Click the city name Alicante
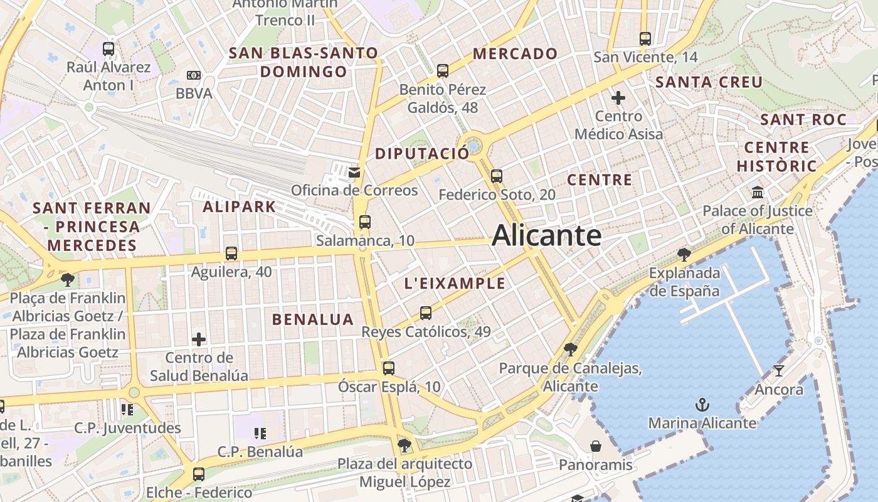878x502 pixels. pos(546,235)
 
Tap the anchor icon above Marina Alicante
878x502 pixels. pos(702,405)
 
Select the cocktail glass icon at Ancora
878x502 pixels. pos(778,371)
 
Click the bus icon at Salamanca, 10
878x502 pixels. pos(364,222)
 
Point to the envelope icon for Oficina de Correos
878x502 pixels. pos(354,172)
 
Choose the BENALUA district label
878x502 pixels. pos(312,319)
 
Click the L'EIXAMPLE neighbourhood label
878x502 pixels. pos(455,283)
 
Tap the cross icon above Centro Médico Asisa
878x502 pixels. pos(618,98)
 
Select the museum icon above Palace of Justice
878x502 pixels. pos(757,192)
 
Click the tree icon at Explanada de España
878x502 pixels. pos(684,254)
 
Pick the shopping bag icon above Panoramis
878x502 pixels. pos(595,446)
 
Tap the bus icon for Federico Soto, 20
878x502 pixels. pos(497,176)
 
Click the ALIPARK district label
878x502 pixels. pos(239,206)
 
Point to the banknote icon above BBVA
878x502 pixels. pos(194,75)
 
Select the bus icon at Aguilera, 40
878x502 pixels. pos(231,254)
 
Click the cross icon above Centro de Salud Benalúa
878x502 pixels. pos(199,339)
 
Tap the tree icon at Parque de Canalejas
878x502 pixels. pos(570,349)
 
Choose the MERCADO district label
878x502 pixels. pos(515,54)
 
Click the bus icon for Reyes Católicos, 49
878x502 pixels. pos(426,312)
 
